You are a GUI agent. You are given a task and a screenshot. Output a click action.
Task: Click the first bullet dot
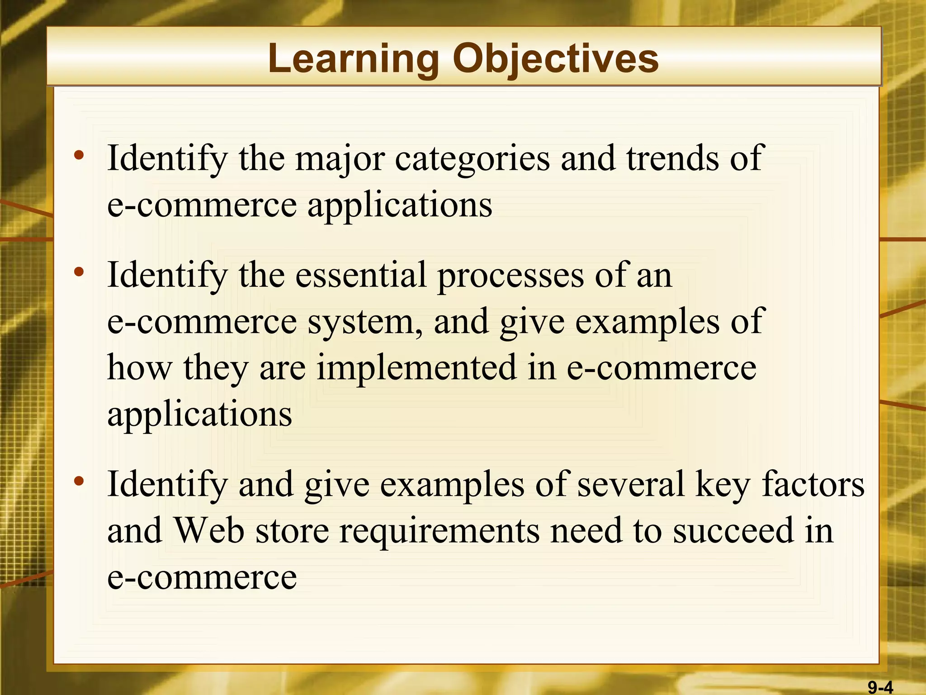tap(79, 156)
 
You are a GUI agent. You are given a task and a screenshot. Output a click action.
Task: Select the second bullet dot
tap(79, 272)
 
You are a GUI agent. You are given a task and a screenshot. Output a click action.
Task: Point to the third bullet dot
tap(79, 481)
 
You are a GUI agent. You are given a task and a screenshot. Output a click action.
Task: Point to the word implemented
tap(416, 367)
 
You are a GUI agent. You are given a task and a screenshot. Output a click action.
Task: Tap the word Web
tap(209, 530)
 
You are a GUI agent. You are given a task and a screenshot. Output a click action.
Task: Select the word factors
tap(813, 484)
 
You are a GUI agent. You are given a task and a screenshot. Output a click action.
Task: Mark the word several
tap(631, 484)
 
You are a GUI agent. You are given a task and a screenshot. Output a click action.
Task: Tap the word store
tap(292, 530)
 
